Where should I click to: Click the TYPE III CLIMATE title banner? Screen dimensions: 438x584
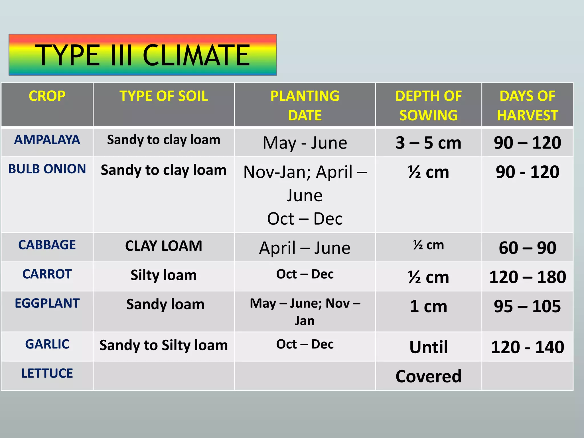click(143, 55)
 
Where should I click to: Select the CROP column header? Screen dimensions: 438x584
click(47, 96)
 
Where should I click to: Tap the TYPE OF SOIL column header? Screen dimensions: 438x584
click(163, 96)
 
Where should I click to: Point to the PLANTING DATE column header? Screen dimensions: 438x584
click(305, 105)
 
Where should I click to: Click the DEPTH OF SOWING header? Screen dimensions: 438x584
click(428, 105)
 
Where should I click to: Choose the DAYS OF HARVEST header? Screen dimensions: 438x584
click(527, 105)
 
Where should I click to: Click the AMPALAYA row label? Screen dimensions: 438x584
click(47, 140)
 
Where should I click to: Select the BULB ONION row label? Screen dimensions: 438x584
click(47, 169)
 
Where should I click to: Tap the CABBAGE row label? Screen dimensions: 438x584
click(47, 245)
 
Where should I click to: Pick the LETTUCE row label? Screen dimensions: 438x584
click(47, 373)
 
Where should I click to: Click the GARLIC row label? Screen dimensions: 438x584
click(47, 344)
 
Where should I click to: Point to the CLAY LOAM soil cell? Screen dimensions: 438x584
click(163, 246)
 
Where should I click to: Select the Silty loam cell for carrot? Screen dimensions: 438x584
click(163, 275)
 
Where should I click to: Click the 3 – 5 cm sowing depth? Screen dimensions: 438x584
click(428, 143)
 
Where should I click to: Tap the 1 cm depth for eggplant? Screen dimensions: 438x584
click(428, 307)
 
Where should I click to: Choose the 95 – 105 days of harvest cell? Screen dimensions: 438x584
click(527, 307)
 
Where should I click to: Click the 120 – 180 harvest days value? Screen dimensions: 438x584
click(527, 277)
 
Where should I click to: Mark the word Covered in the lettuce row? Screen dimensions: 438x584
click(428, 376)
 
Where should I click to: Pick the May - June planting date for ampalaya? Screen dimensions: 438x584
click(305, 143)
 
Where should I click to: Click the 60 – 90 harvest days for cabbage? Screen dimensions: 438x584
click(527, 248)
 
